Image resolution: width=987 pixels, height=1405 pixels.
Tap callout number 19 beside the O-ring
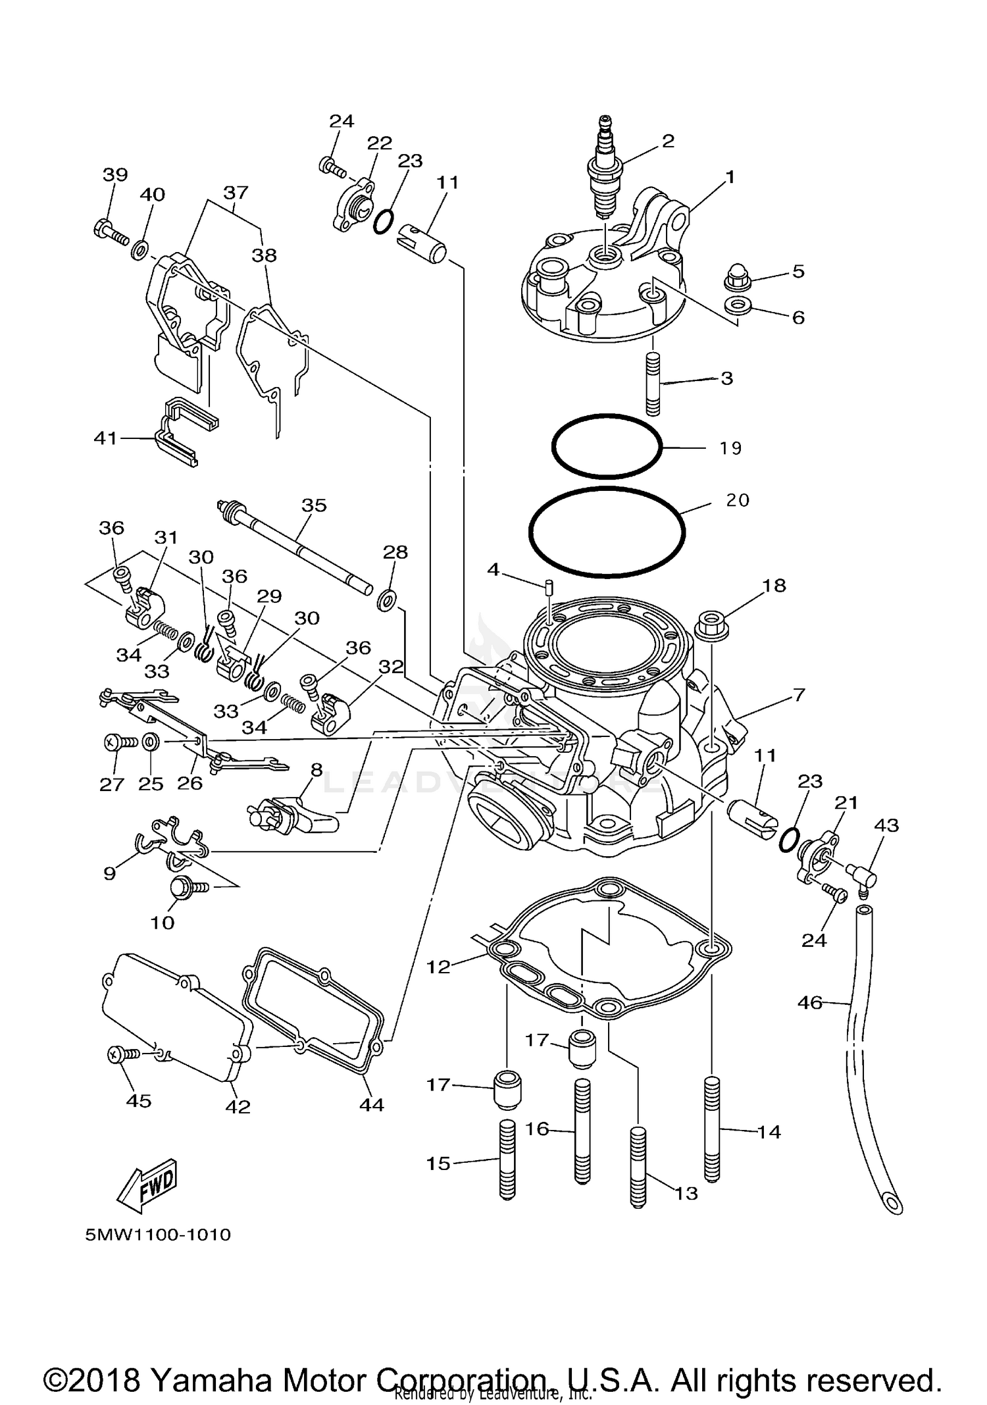point(730,448)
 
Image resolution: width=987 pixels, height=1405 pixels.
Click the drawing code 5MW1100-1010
point(158,1235)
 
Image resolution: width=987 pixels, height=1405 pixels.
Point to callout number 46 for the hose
point(809,1002)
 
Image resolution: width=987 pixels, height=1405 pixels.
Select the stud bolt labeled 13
point(638,1167)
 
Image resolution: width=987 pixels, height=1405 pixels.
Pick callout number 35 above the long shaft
point(314,505)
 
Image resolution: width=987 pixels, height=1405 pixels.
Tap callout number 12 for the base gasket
point(438,967)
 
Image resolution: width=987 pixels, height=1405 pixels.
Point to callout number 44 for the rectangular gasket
point(371,1105)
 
